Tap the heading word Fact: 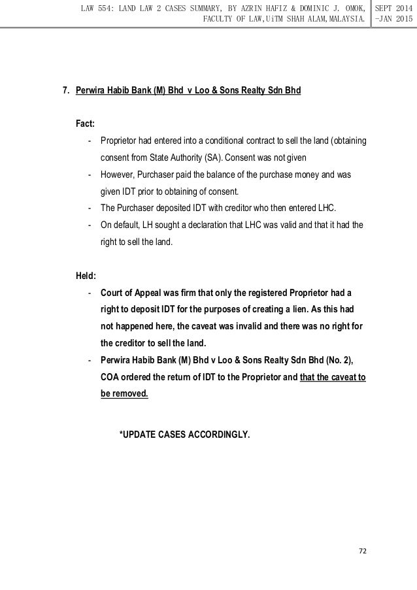(88, 123)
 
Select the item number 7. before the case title (66, 90)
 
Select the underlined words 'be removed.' (124, 394)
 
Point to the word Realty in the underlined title (248, 90)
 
